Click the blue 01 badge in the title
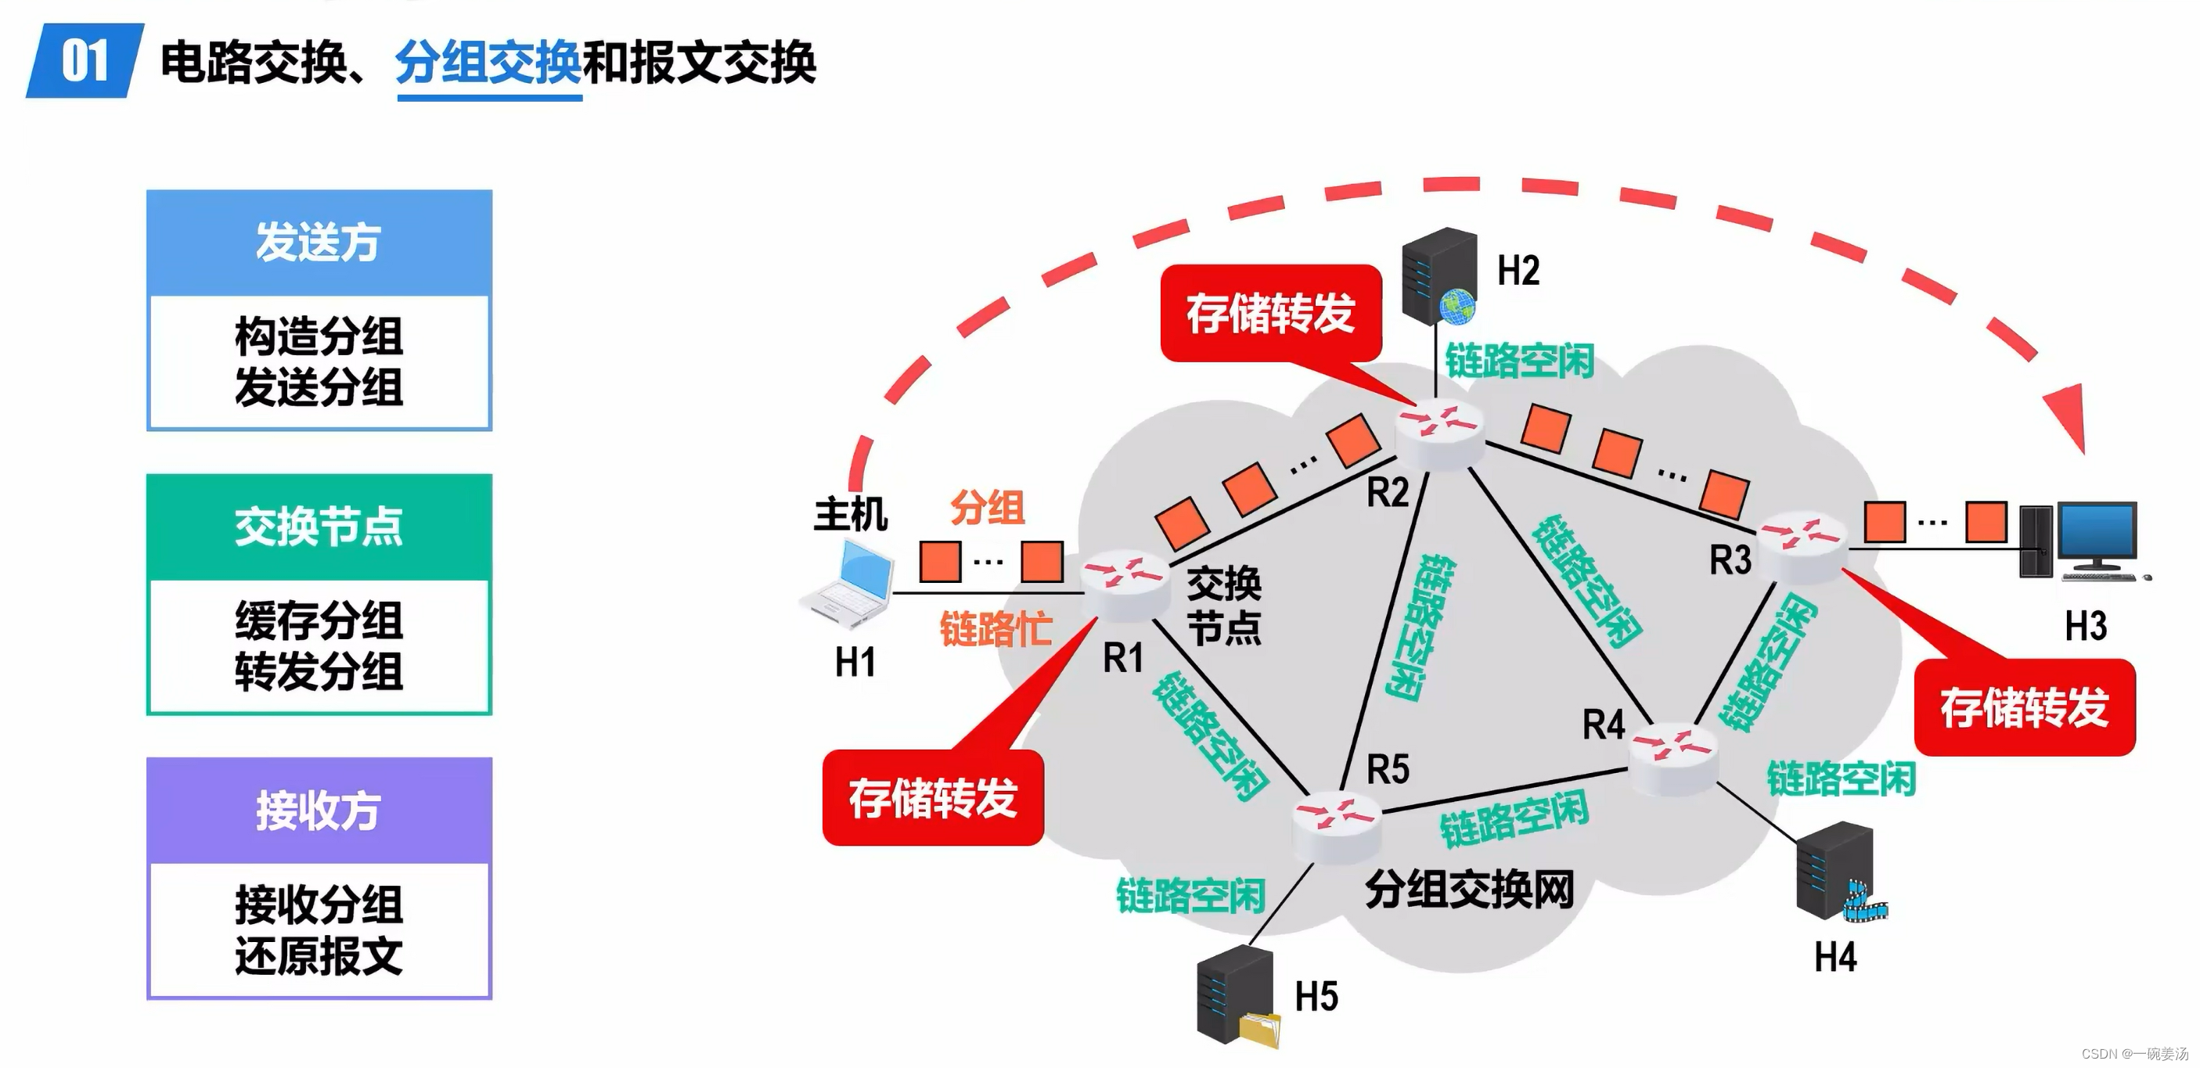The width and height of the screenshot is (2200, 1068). point(85,62)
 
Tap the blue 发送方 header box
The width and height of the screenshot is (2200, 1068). point(319,243)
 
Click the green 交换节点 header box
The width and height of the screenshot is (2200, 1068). point(319,526)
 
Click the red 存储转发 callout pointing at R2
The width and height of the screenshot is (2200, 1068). point(1271,312)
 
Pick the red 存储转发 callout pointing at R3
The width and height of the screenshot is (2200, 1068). point(2024,707)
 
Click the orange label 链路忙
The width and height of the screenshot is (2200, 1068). point(996,630)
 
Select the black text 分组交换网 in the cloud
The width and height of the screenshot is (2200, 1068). point(1469,890)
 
